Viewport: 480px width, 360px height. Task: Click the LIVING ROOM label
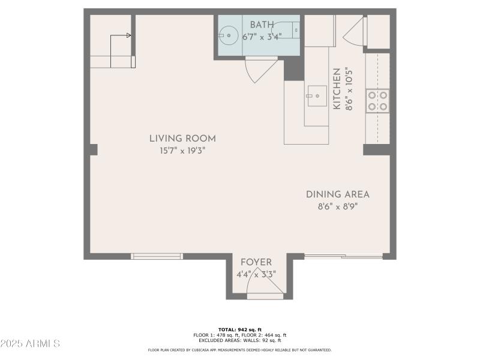tap(182, 139)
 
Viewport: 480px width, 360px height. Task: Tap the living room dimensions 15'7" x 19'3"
tap(182, 151)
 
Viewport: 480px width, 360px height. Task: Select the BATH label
tap(262, 25)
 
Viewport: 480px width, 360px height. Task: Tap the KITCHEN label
tap(337, 88)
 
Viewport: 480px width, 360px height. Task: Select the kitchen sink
tap(316, 96)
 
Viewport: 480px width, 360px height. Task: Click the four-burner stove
tap(377, 100)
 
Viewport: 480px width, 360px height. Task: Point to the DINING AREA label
tap(337, 194)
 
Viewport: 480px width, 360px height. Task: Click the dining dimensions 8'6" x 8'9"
tap(337, 207)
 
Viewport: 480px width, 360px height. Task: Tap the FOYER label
tap(256, 262)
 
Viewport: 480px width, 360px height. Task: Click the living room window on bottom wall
tap(157, 256)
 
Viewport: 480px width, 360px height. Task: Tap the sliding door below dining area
tap(343, 257)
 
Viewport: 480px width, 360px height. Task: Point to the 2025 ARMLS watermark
tap(30, 344)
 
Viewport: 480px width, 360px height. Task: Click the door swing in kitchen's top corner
tap(355, 33)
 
